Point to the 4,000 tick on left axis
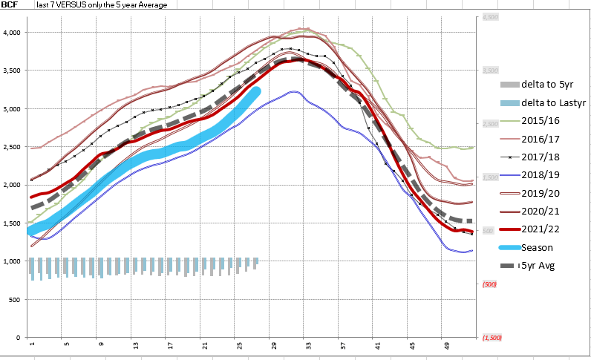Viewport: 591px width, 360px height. point(13,33)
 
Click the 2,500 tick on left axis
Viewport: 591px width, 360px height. point(13,147)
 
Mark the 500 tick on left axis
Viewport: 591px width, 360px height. point(16,299)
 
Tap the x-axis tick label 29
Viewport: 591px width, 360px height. point(273,345)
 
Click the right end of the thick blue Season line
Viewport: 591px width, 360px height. point(256,91)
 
